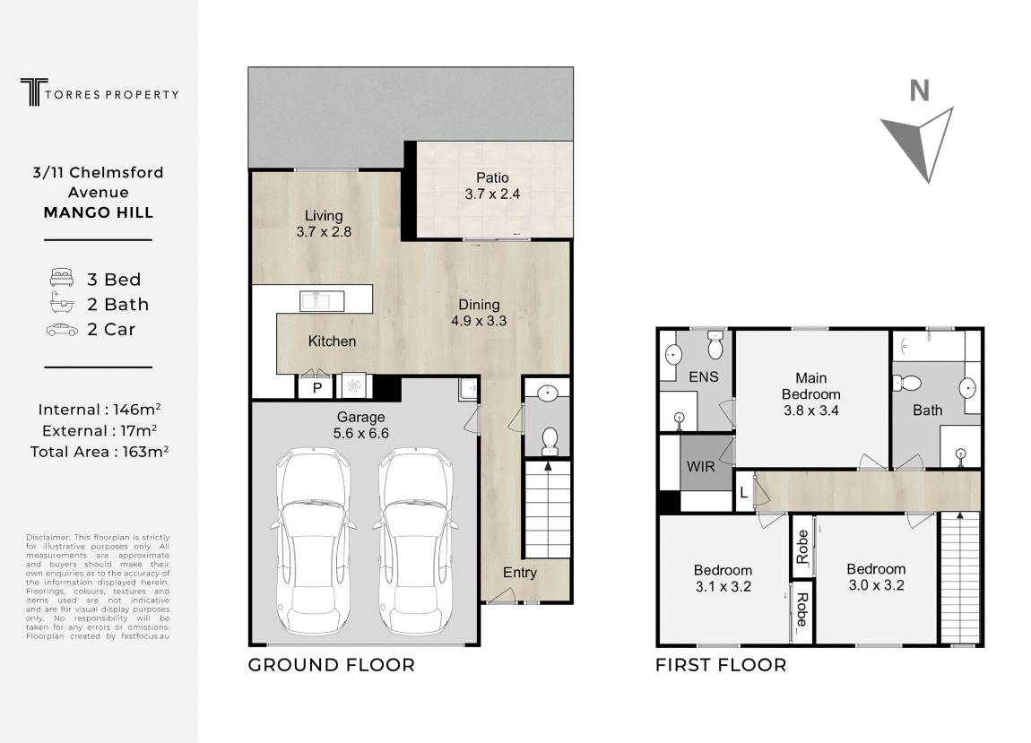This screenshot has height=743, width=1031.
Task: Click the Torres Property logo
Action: pos(100,92)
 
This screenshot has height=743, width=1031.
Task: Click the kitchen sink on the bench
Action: pos(322,300)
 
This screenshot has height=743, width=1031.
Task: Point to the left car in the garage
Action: pos(314,540)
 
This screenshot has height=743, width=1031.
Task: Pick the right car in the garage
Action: pos(415,540)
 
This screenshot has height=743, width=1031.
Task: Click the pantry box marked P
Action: pos(316,386)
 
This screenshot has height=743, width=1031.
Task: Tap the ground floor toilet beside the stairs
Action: pos(549,441)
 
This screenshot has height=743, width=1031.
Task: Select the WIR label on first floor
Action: pos(700,466)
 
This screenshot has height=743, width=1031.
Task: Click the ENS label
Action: pos(704,376)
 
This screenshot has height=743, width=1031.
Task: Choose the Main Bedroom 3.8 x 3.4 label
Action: pos(811,393)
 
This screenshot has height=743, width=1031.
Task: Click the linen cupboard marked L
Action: pos(743,492)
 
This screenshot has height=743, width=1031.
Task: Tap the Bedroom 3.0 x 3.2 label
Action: pos(877,576)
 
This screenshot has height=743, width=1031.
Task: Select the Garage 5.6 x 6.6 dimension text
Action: pos(361,433)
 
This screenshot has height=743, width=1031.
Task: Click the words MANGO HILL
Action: pos(99,212)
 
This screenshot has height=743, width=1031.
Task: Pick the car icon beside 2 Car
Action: pos(62,330)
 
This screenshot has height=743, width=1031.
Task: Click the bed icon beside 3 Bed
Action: pos(62,278)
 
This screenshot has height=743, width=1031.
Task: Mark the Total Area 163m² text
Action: pos(100,451)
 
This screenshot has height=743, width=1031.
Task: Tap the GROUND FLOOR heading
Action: pos(332,665)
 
